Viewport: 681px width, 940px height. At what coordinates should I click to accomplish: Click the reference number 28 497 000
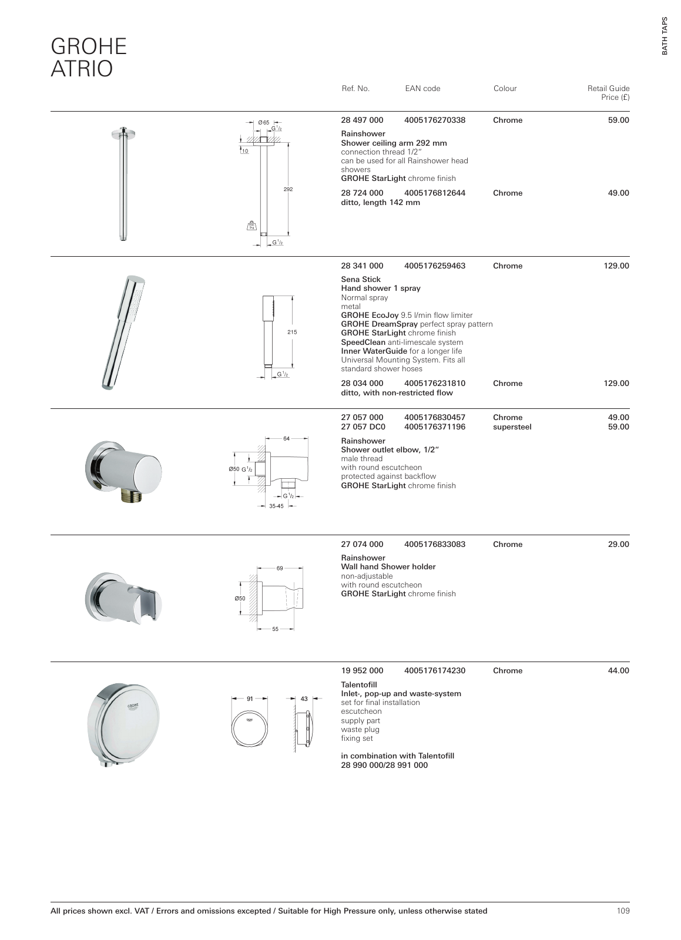pyautogui.click(x=362, y=120)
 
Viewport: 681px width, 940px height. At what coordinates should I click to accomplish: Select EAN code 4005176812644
pyautogui.click(x=435, y=193)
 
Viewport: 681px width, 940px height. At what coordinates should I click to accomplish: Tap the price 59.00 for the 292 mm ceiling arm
pyautogui.click(x=618, y=120)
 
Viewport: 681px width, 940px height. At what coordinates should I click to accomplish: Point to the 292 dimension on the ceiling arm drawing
pyautogui.click(x=288, y=190)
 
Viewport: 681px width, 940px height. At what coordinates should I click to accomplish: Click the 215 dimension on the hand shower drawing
pyautogui.click(x=292, y=332)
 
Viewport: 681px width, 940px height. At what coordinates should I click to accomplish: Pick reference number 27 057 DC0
pyautogui.click(x=363, y=427)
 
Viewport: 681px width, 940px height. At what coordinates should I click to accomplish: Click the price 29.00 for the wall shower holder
pyautogui.click(x=618, y=545)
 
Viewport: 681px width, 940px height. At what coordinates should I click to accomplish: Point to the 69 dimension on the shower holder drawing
pyautogui.click(x=280, y=568)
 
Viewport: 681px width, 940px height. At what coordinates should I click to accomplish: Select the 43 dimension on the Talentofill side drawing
pyautogui.click(x=304, y=699)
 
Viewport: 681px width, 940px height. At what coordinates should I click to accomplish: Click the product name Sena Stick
pyautogui.click(x=361, y=280)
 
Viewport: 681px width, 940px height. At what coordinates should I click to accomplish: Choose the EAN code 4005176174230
pyautogui.click(x=435, y=671)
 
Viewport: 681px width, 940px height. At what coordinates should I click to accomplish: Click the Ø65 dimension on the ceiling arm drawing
pyautogui.click(x=264, y=122)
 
